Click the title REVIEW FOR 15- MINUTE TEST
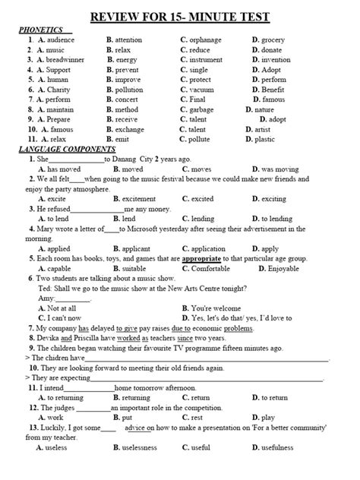click(179, 17)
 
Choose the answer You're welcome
click(223, 308)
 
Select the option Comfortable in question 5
click(210, 268)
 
